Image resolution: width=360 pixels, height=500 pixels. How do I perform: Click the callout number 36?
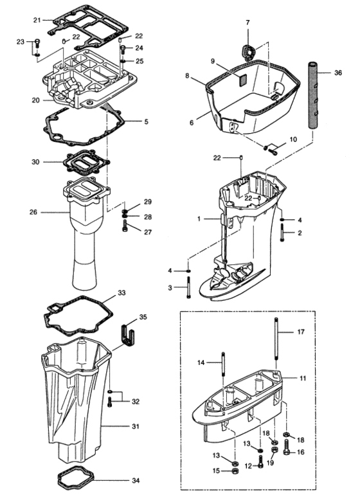tap(338, 73)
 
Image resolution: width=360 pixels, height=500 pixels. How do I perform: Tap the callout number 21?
tap(37, 21)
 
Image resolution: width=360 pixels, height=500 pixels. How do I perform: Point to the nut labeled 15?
tap(234, 471)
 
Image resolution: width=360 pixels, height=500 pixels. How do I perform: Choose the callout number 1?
tap(201, 219)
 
